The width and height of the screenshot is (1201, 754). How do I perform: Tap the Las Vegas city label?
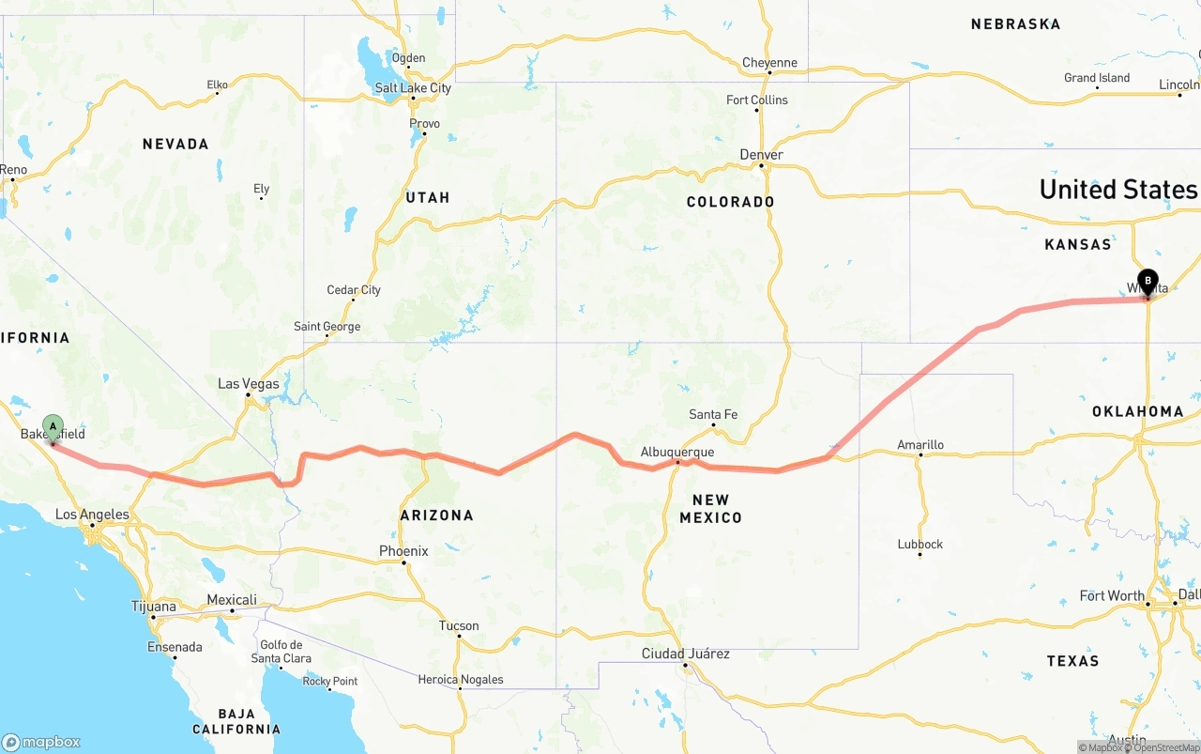[249, 383]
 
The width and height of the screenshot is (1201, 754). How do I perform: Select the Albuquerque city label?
[677, 452]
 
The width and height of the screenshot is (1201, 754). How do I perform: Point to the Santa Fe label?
[713, 414]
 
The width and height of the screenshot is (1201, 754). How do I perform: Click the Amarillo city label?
[920, 445]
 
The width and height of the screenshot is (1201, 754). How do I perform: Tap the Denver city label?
[761, 155]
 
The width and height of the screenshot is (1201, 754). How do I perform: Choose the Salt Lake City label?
[413, 88]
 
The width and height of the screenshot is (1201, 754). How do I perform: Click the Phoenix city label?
[403, 551]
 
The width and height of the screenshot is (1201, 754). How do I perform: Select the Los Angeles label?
[92, 515]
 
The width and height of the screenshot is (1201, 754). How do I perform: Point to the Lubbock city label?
[920, 544]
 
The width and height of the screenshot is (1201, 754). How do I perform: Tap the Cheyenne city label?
[769, 63]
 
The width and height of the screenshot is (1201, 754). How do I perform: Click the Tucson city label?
[459, 625]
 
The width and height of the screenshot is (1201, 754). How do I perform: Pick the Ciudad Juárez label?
[685, 654]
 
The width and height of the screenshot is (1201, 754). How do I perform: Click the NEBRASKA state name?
[1015, 23]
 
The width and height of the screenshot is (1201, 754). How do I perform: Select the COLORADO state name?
[730, 202]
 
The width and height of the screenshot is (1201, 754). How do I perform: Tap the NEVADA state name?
[175, 144]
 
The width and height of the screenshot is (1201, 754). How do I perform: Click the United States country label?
[1117, 190]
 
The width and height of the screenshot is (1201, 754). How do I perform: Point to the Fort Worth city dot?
[1148, 604]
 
